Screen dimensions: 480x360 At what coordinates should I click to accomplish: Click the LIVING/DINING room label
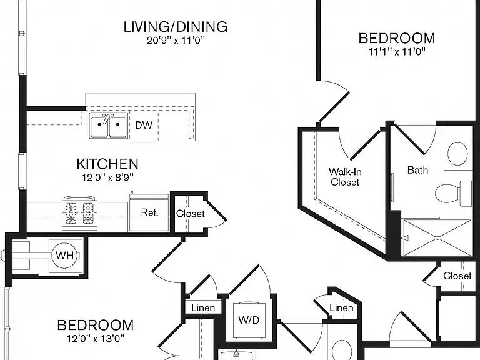click(176, 27)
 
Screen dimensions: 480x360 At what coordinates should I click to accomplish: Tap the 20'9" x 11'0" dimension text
click(176, 40)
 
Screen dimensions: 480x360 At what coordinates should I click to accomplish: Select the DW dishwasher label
click(144, 125)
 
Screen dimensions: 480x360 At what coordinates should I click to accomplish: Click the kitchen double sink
click(109, 125)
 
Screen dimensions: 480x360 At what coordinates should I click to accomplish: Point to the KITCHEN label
click(107, 164)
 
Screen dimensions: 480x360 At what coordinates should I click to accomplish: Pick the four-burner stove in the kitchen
click(79, 214)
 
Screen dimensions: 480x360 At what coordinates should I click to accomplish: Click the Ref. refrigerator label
click(149, 212)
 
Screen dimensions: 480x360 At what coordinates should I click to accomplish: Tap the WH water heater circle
click(65, 255)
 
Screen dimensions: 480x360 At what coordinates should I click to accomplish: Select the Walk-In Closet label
click(345, 177)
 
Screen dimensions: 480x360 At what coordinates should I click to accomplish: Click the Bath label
click(417, 170)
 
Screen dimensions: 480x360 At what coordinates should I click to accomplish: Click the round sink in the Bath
click(457, 153)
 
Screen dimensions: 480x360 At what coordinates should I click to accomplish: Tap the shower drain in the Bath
click(437, 238)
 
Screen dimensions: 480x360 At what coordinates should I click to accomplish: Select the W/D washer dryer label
click(249, 320)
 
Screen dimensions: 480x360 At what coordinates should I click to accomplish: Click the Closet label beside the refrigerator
click(190, 213)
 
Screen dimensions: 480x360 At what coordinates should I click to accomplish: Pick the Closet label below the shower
click(457, 276)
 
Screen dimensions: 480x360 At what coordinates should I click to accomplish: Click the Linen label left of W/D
click(203, 307)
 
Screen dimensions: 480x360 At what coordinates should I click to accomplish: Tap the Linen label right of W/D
click(341, 307)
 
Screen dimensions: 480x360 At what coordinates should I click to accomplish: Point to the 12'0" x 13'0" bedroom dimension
click(96, 339)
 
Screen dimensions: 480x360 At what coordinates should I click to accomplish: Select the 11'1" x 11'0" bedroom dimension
click(397, 52)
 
